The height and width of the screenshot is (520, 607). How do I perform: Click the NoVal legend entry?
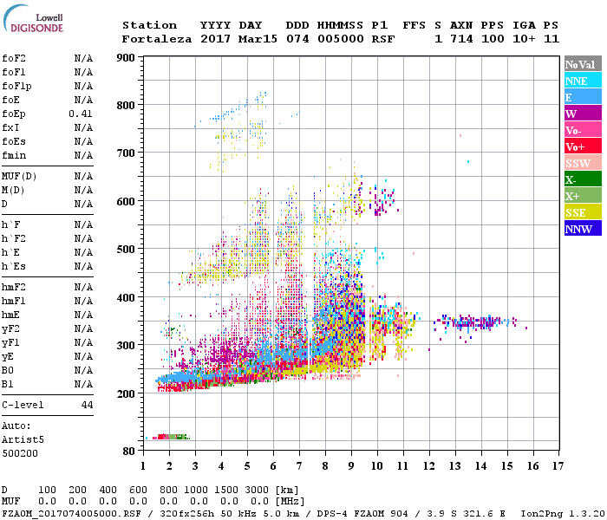click(582, 64)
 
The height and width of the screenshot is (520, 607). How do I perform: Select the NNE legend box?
click(582, 81)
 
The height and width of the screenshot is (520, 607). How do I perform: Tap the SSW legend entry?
click(582, 163)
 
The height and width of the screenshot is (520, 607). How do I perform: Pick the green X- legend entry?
click(582, 179)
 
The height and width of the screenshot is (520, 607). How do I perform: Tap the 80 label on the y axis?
click(128, 451)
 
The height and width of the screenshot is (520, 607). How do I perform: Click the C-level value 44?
click(87, 405)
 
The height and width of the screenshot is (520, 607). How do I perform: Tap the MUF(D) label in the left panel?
click(18, 176)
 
